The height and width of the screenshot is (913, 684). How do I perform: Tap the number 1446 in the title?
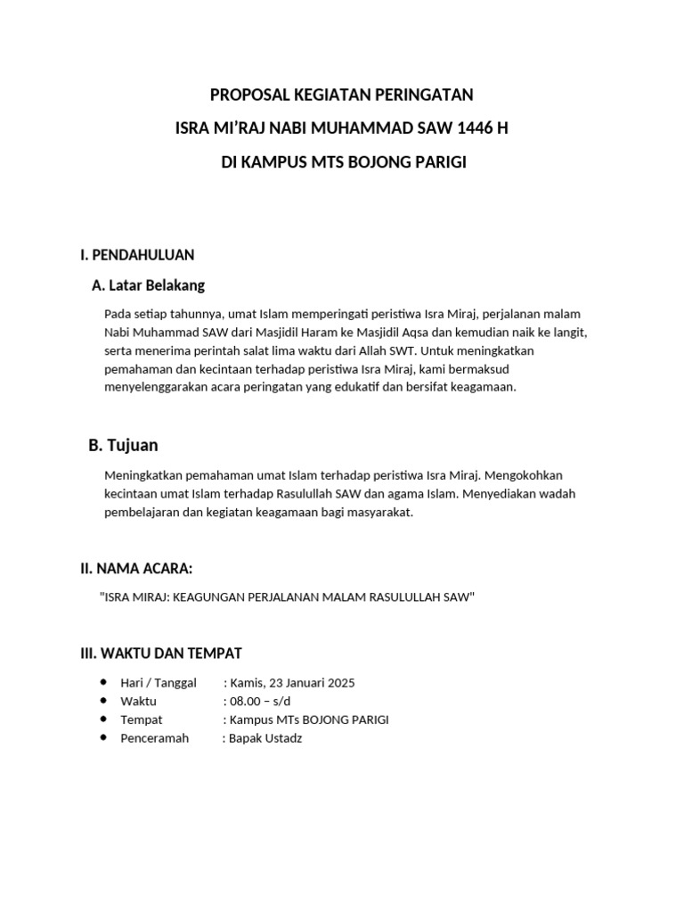475,128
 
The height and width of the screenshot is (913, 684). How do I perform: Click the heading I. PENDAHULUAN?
137,255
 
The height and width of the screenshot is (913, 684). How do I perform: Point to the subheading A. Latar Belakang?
148,285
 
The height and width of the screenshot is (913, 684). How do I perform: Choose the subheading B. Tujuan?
123,445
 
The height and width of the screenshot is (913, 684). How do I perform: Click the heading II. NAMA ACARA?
136,568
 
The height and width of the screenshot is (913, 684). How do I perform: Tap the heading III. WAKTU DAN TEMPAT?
161,654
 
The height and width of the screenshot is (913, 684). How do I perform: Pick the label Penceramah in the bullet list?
155,738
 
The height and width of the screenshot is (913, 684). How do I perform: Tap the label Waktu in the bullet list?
138,702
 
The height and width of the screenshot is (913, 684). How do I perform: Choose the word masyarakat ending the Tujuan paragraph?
379,512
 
